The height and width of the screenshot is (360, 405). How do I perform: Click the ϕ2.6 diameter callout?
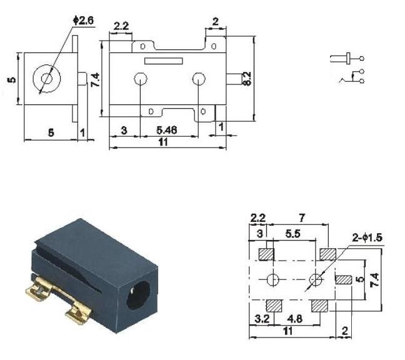pos(83,21)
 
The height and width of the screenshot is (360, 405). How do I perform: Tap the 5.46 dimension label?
pos(167,130)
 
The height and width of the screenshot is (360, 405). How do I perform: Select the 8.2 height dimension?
pos(247,79)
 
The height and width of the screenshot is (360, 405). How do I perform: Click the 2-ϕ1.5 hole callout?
pos(367,237)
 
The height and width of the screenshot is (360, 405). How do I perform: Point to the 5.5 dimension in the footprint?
pos(293,234)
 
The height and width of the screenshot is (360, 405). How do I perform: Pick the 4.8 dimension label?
pos(295,319)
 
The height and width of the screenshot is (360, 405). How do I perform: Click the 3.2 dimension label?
pos(262,319)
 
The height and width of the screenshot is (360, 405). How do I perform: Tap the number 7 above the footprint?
pos(302,218)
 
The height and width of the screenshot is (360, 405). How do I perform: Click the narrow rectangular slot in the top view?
pos(164,61)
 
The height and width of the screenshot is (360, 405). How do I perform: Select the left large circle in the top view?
pos(141,79)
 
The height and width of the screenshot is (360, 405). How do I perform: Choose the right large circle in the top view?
pos(199,79)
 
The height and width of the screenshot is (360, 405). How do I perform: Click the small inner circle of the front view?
pos(47,79)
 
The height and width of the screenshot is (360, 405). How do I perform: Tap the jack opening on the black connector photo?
pos(139,295)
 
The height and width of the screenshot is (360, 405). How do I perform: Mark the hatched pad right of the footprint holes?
pos(344,280)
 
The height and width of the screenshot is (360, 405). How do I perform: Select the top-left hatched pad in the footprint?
pos(266,254)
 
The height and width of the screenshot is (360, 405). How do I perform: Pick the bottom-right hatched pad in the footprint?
pos(319,306)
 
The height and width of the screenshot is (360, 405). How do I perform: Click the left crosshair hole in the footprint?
pos(272,280)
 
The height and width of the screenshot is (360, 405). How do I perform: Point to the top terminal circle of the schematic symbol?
pos(362,58)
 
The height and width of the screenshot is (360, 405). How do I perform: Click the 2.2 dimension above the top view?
pos(121,26)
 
